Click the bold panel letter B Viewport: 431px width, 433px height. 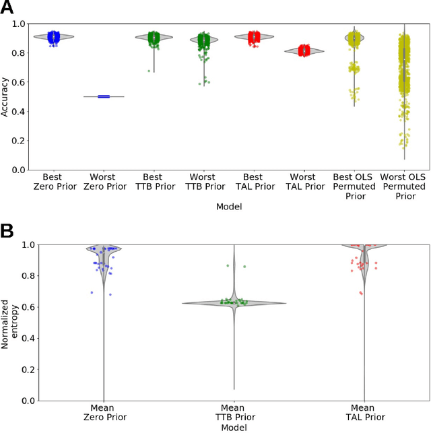click(8, 230)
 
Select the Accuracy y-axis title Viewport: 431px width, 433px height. click(5, 96)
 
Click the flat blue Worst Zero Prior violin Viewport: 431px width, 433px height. click(104, 96)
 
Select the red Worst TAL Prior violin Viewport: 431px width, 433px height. click(305, 51)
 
